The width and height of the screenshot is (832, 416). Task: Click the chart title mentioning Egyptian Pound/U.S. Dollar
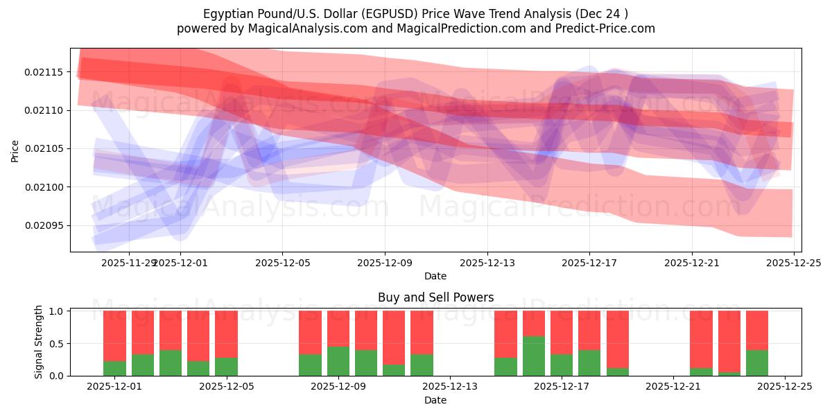click(x=416, y=14)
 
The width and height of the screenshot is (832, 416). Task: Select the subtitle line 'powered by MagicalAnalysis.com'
click(x=416, y=28)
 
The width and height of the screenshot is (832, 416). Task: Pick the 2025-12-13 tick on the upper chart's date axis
click(x=487, y=263)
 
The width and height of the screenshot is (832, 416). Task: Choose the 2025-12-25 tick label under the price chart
click(x=794, y=263)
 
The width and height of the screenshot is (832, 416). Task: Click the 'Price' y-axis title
click(x=15, y=150)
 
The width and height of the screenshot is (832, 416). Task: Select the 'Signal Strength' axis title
click(x=39, y=342)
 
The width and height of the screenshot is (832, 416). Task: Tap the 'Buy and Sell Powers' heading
click(x=435, y=297)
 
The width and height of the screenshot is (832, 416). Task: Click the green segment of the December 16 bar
click(x=533, y=356)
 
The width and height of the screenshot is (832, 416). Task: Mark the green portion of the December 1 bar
click(x=114, y=369)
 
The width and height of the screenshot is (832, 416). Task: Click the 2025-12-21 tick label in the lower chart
click(x=673, y=387)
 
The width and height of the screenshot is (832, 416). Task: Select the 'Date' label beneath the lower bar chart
click(x=435, y=400)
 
